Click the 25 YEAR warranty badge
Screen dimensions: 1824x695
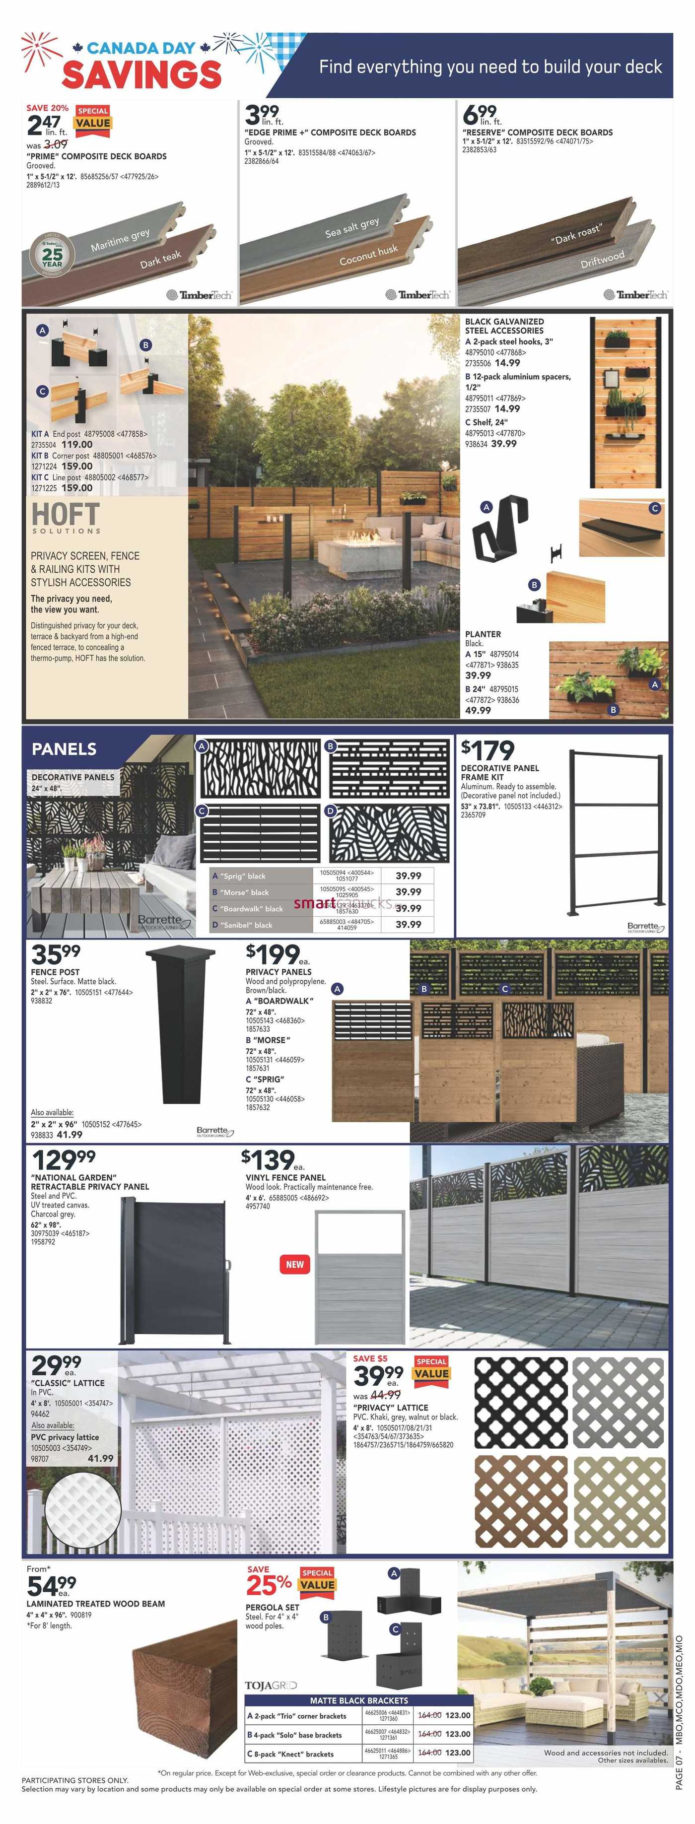point(52,255)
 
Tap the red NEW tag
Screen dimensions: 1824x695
point(295,1264)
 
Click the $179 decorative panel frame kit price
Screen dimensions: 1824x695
point(487,749)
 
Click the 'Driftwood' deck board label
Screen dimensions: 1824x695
point(602,260)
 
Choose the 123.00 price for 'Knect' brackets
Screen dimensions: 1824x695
point(458,1753)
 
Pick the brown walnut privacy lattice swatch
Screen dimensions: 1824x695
point(521,1501)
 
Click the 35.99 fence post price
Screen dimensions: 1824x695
point(56,954)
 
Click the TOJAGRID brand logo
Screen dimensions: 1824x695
point(271,1685)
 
